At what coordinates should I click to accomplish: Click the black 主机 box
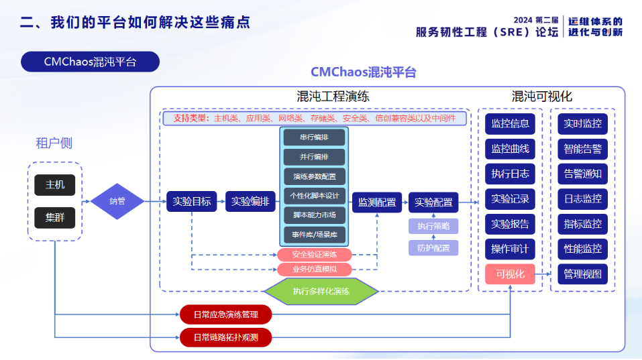click(x=54, y=184)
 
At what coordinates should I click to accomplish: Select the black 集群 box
click(x=54, y=218)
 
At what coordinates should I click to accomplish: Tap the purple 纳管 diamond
click(x=117, y=201)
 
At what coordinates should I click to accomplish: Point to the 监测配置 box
click(x=376, y=202)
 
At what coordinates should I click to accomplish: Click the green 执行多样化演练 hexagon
click(x=321, y=291)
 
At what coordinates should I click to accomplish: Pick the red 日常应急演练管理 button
click(x=225, y=314)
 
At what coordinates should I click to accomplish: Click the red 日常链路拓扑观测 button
click(x=225, y=337)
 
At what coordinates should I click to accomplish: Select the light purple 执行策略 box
click(x=433, y=226)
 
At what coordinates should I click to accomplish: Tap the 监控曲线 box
click(x=510, y=149)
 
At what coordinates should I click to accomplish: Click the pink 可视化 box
click(x=510, y=274)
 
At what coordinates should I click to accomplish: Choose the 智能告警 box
click(x=582, y=149)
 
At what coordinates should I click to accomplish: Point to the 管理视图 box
click(x=582, y=274)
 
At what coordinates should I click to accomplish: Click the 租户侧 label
click(x=54, y=143)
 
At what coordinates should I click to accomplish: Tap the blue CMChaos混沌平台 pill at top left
click(x=90, y=62)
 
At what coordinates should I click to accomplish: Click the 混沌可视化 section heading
click(x=541, y=97)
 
